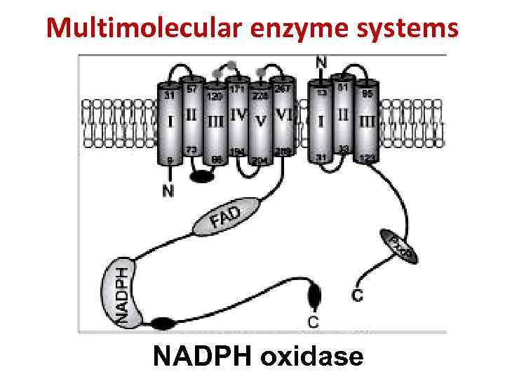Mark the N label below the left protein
coord(168,191)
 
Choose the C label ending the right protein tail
coord(358,295)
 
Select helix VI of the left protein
coord(284,118)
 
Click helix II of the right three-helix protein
coord(343,117)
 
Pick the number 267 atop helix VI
coord(282,88)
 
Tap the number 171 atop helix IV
coord(237,89)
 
